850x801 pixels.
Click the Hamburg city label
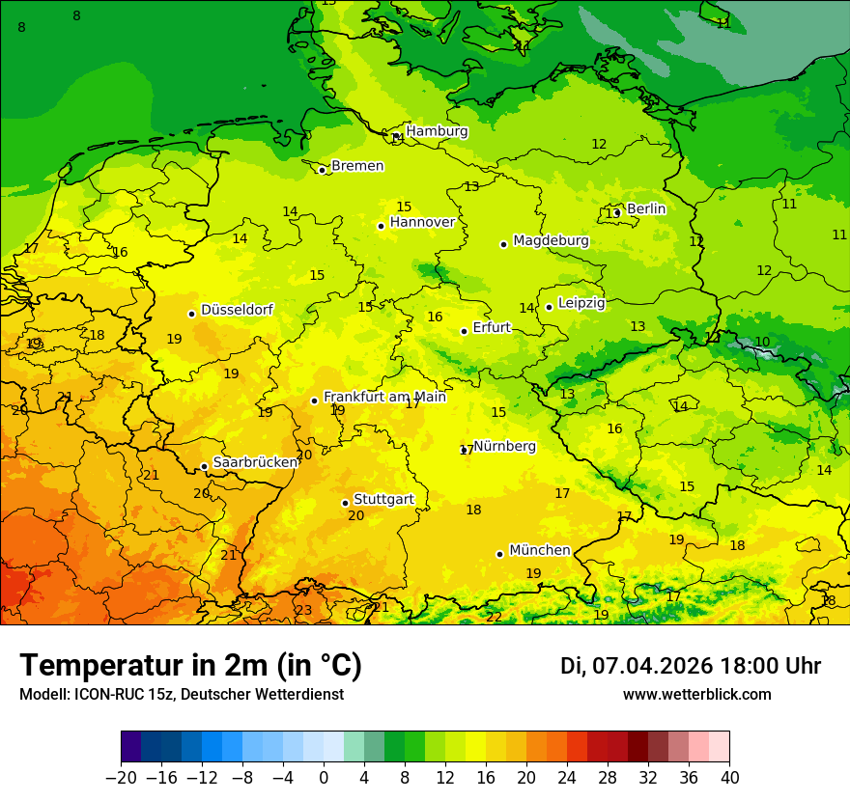tap(437, 131)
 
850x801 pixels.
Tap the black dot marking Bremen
tap(322, 170)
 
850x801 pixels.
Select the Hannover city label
tap(422, 222)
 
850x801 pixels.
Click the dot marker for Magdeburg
tap(503, 244)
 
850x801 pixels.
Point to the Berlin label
tap(646, 208)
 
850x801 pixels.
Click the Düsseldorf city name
tap(237, 310)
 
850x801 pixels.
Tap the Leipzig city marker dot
tap(549, 307)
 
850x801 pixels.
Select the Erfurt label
tap(492, 327)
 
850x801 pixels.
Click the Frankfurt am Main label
tap(384, 397)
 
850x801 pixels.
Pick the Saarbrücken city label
tap(255, 462)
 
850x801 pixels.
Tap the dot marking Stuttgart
tap(345, 503)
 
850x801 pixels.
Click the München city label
tap(539, 550)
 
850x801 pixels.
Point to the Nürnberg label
tap(504, 446)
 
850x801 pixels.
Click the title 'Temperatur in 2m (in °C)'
tap(190, 665)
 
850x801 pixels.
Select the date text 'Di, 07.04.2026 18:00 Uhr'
tap(691, 666)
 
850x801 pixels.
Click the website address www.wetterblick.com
tap(696, 694)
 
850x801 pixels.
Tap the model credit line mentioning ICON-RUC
tap(181, 694)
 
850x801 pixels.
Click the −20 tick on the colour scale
tap(121, 778)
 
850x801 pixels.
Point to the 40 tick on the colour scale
tap(729, 778)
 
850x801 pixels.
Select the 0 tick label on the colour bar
tap(324, 778)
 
